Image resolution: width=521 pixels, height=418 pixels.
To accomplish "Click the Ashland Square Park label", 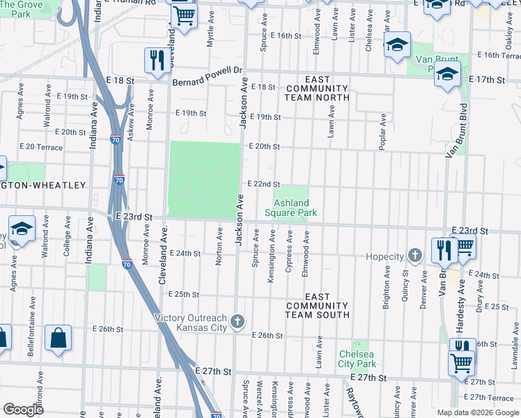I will coord(291,208).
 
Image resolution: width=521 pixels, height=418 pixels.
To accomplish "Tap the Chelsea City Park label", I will coord(357,359).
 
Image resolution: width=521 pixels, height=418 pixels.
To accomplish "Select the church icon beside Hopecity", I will coord(415,256).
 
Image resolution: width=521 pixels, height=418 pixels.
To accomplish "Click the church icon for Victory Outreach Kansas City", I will coord(238,322).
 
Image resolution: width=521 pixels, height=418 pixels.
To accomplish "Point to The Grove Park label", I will coord(21,8).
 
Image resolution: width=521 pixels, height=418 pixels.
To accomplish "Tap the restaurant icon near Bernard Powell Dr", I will coord(157,61).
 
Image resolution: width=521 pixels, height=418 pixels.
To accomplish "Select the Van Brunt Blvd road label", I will coord(459,129).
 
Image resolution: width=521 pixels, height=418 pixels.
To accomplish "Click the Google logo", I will coord(24,410).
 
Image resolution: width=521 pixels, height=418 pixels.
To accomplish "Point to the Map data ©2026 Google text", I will coord(477,412).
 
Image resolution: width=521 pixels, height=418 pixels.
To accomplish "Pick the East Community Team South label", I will coord(317,306).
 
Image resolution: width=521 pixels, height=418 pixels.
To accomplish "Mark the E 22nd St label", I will coord(264,183).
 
